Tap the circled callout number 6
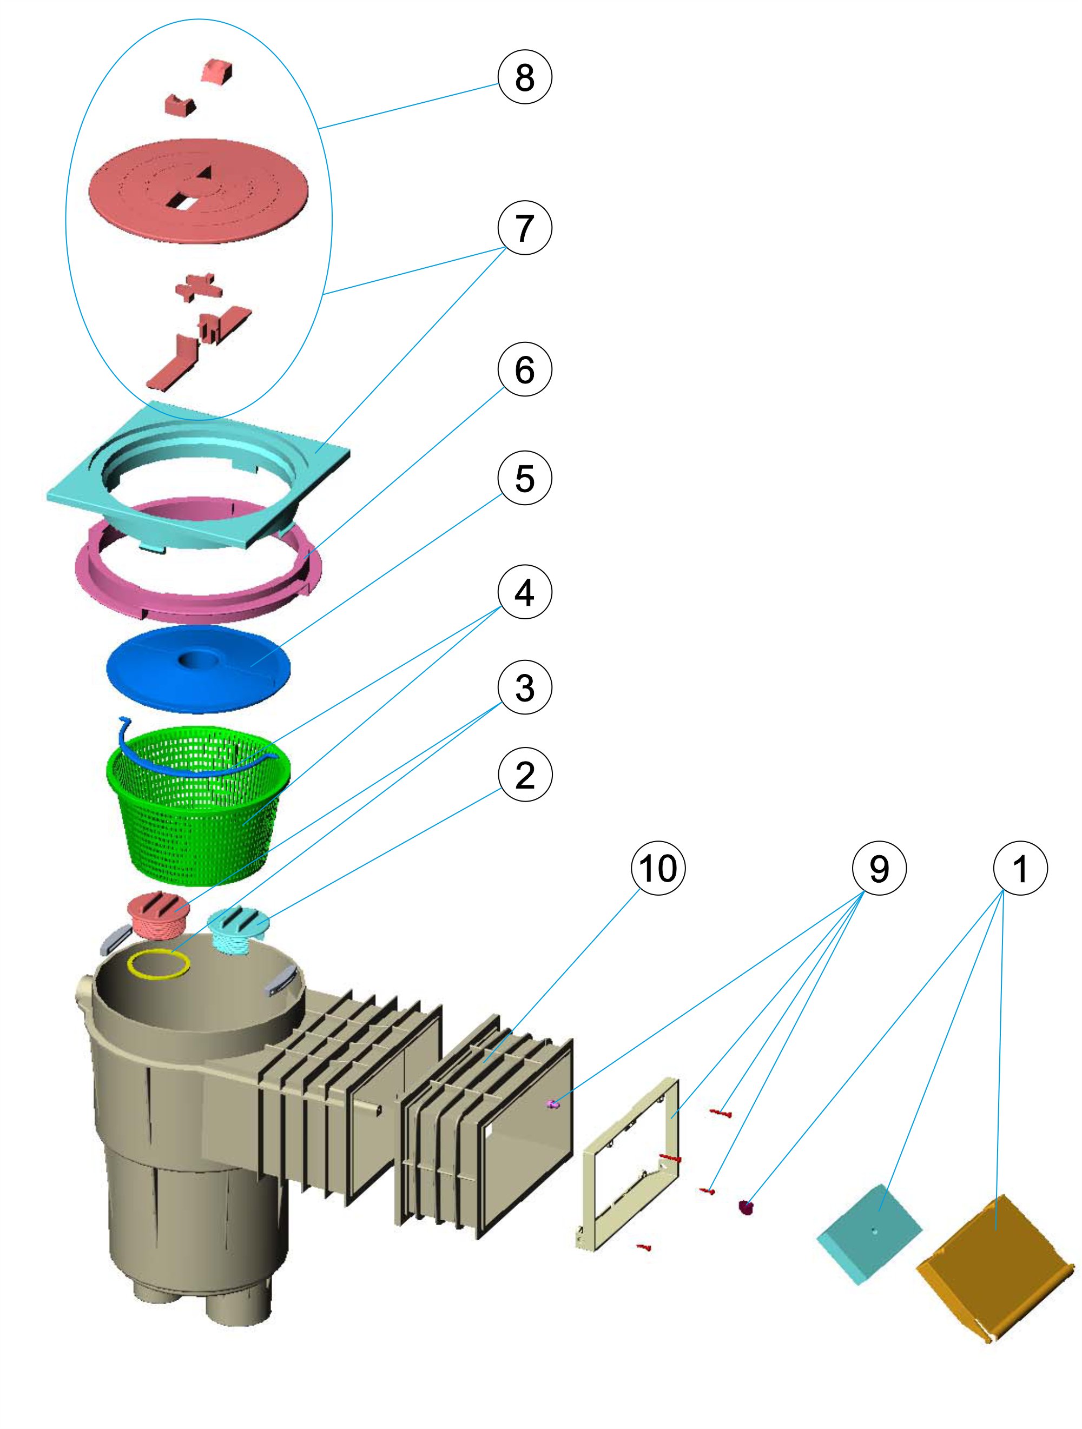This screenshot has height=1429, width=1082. [524, 369]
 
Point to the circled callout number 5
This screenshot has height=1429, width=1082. [524, 478]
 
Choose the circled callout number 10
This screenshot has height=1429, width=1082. [657, 868]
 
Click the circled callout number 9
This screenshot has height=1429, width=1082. [879, 868]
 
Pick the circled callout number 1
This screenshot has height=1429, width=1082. [1020, 868]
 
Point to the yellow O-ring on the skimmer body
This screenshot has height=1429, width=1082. [159, 964]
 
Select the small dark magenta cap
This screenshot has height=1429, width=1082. [747, 1206]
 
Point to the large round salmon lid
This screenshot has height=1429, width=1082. [198, 190]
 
